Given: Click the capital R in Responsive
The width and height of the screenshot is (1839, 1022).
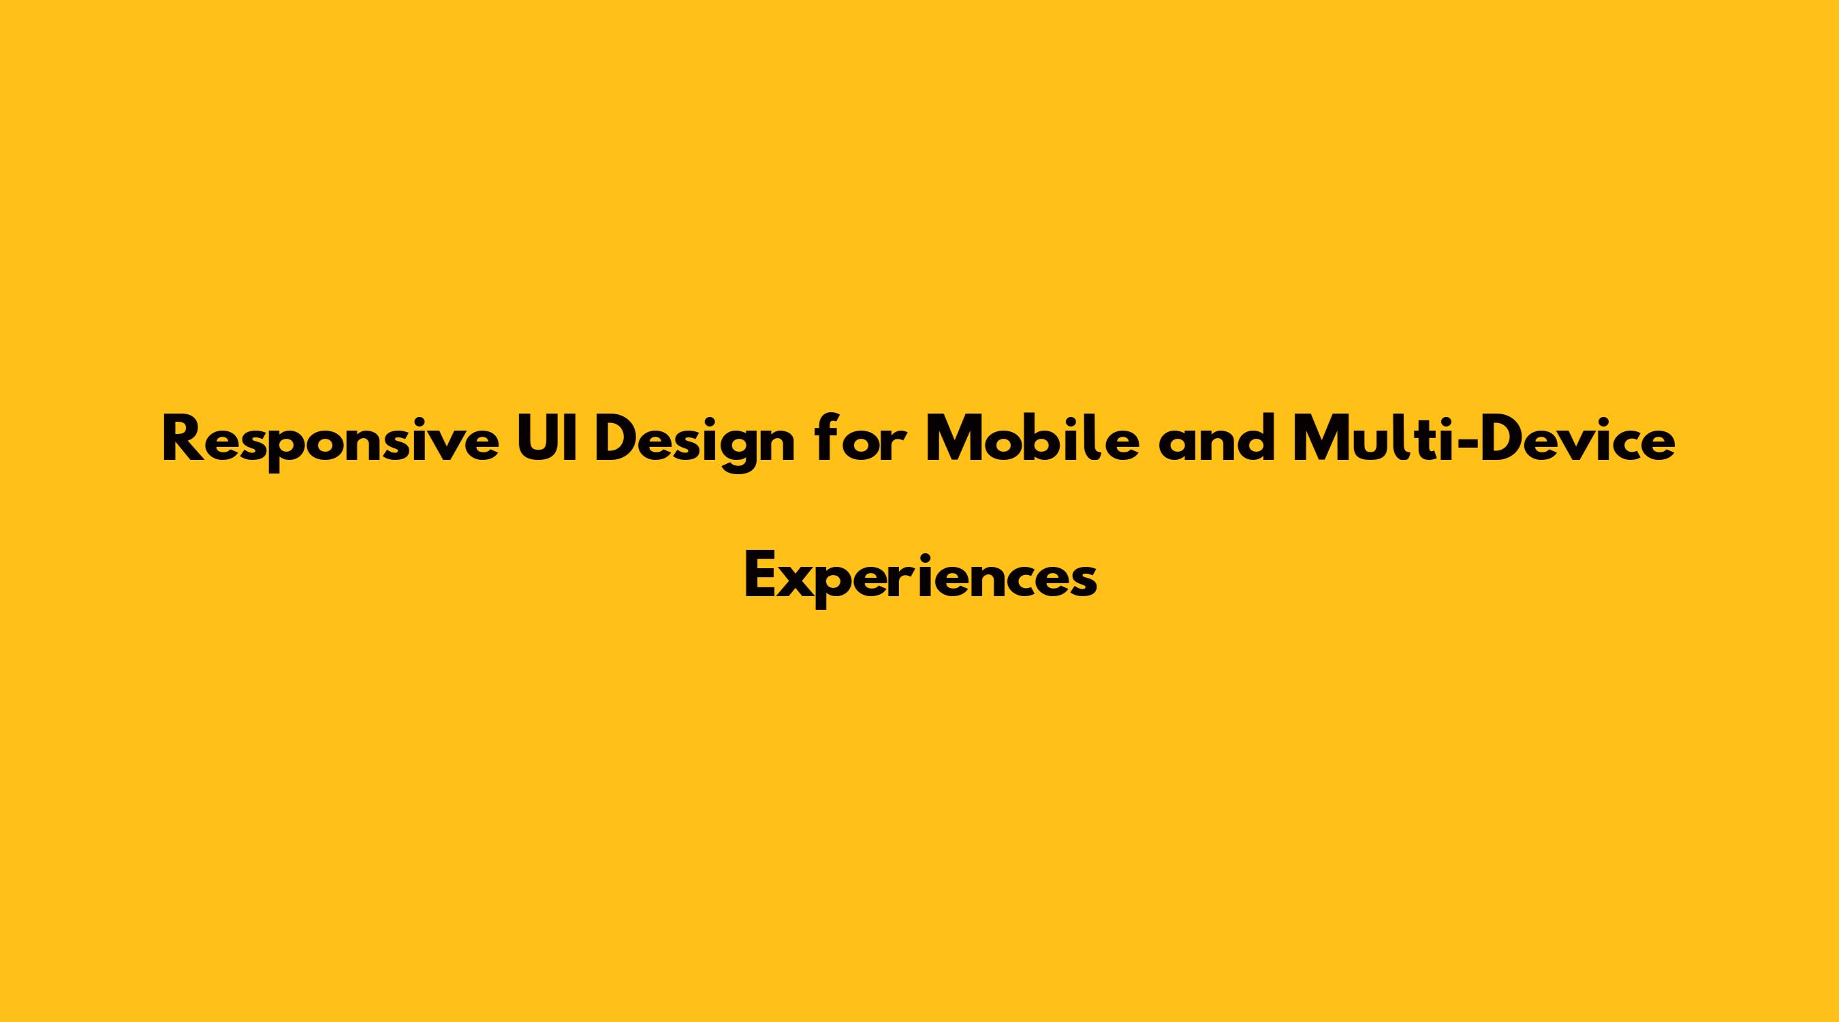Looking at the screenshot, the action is tap(182, 439).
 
